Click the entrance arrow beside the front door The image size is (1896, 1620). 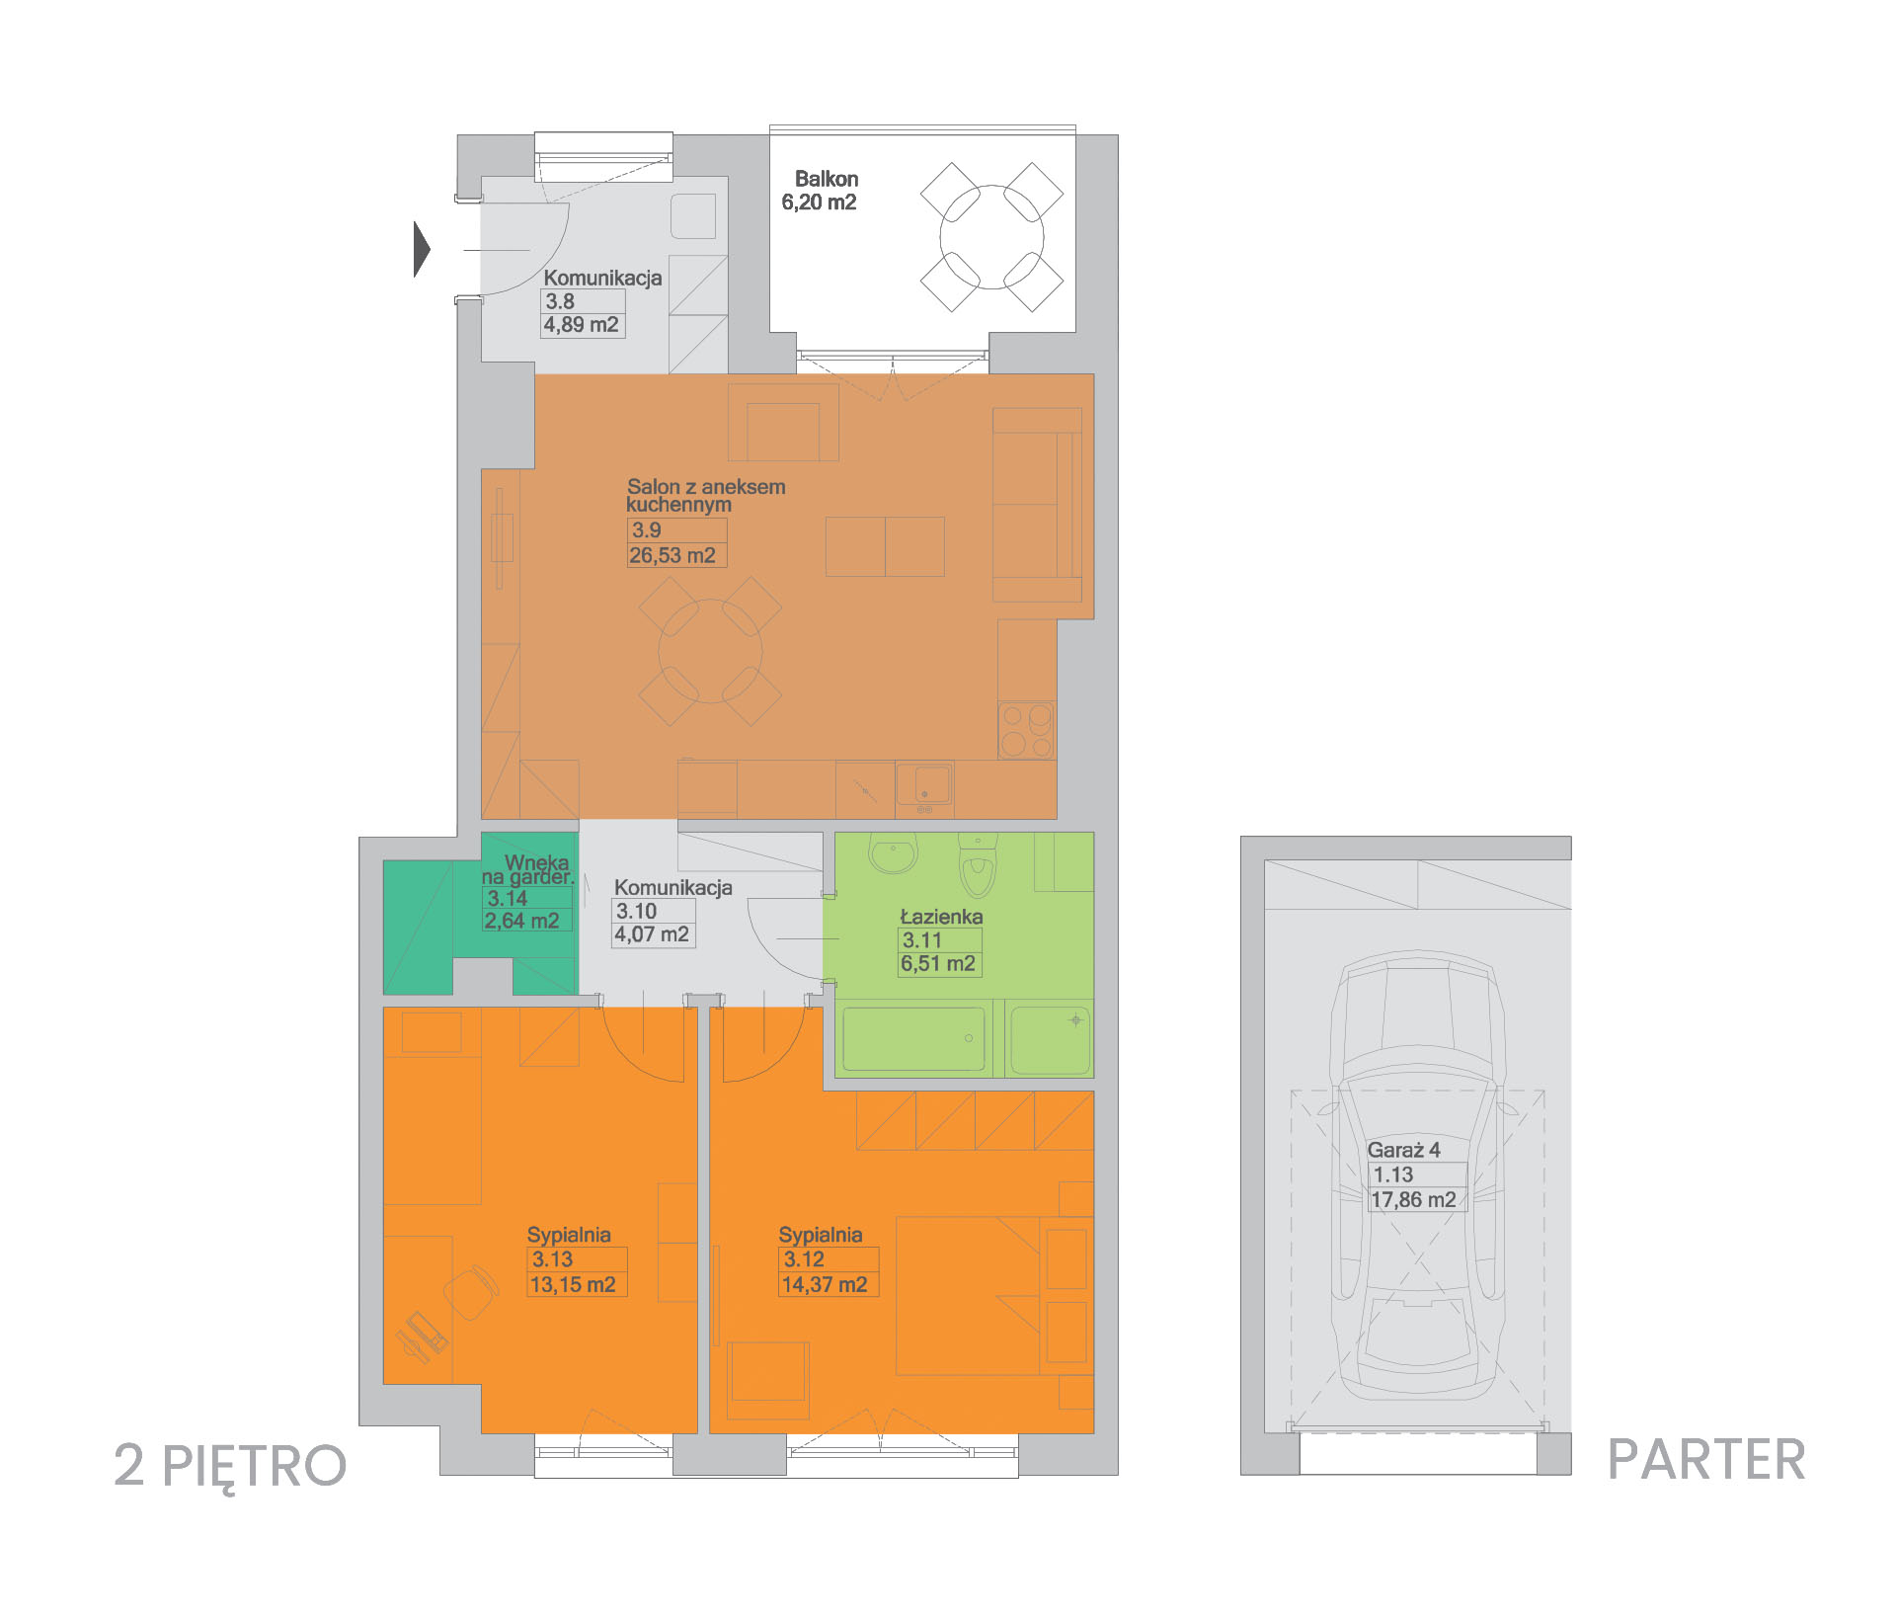click(x=422, y=249)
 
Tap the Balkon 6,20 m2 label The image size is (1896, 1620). click(x=820, y=191)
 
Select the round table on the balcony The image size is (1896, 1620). click(x=991, y=237)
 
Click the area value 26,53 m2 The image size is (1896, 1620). click(x=672, y=555)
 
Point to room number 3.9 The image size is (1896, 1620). click(x=647, y=530)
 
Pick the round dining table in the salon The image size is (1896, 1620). click(x=710, y=651)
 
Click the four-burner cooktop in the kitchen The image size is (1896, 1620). click(x=1026, y=730)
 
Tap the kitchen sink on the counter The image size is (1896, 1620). click(x=924, y=786)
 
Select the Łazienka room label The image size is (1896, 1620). click(x=941, y=917)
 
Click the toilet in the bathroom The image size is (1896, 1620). click(x=978, y=865)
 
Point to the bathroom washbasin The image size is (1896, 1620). click(x=895, y=854)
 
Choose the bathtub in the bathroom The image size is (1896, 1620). click(x=913, y=1038)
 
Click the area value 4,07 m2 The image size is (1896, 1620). click(x=652, y=934)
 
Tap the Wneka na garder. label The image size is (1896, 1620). click(x=527, y=869)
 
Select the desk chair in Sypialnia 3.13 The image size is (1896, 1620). click(x=470, y=1292)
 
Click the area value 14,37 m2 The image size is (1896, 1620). click(x=825, y=1285)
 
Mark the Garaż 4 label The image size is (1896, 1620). click(x=1403, y=1150)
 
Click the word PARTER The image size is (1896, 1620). click(x=1706, y=1460)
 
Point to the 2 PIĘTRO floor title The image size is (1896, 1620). click(x=230, y=1466)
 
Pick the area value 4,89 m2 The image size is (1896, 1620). click(x=581, y=325)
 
